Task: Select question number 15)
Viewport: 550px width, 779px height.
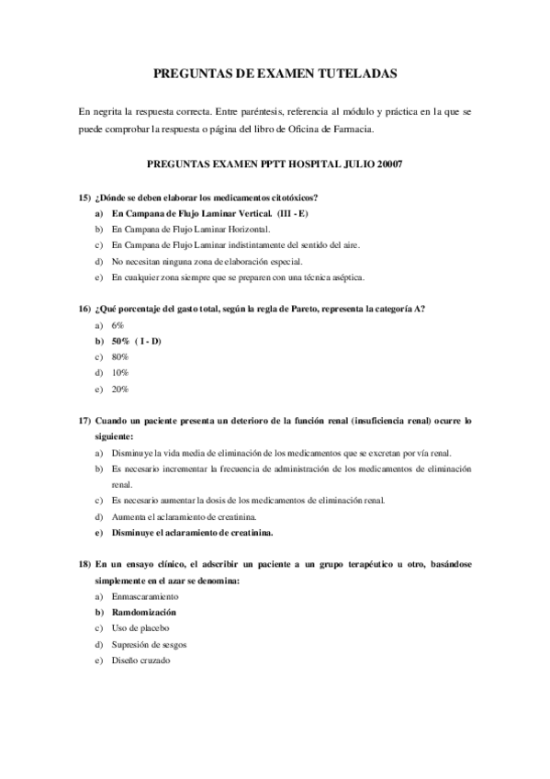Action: pyautogui.click(x=84, y=198)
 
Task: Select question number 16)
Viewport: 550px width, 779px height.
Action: pyautogui.click(x=84, y=310)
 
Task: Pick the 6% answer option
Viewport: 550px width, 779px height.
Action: pyautogui.click(x=117, y=325)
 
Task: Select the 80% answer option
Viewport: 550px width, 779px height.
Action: pyautogui.click(x=119, y=356)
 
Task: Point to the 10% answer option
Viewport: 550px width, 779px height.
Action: pyautogui.click(x=119, y=373)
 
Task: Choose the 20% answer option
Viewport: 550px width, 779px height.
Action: pyautogui.click(x=119, y=389)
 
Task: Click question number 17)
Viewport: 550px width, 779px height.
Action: pyautogui.click(x=84, y=421)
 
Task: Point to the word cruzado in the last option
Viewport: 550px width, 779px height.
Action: pyautogui.click(x=154, y=660)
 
